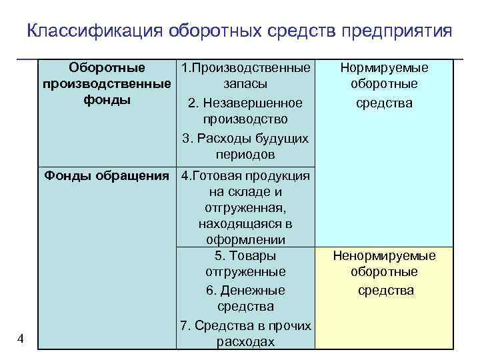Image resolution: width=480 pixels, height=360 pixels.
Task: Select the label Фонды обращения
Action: (106, 176)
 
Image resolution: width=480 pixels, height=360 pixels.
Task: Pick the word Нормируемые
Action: (384, 68)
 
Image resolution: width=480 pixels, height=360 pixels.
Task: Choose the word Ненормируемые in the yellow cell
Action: (384, 256)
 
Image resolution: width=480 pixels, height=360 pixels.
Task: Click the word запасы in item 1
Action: (245, 84)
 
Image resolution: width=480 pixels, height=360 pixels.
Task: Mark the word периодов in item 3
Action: (245, 154)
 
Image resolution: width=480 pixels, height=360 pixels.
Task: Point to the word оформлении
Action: (245, 240)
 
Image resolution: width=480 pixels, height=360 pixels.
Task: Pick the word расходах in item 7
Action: (245, 341)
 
